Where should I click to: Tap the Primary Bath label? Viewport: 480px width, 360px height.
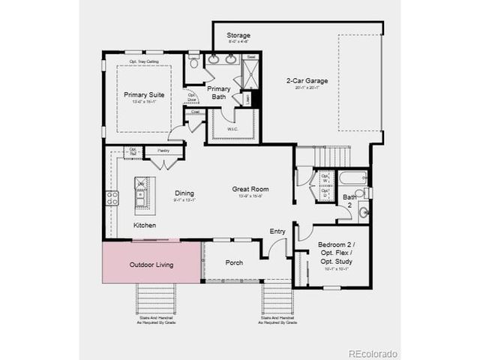[219, 92]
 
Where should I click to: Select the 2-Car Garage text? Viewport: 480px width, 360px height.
[307, 80]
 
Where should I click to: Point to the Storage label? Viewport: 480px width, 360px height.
[239, 35]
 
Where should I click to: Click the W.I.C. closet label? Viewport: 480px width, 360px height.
[233, 128]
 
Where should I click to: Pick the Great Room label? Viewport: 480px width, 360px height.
[250, 189]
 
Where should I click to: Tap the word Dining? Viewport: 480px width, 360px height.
[184, 193]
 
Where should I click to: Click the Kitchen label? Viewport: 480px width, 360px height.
[145, 225]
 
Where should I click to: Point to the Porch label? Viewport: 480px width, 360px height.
[234, 263]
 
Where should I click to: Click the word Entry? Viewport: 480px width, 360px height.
[277, 231]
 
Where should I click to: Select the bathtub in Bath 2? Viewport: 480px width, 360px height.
[352, 178]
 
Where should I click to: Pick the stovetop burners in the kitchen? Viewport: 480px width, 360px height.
[112, 198]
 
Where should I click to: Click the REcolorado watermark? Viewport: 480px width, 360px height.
[373, 353]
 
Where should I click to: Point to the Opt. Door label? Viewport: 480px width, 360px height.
[192, 97]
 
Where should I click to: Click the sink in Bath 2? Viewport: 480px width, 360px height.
[363, 212]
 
